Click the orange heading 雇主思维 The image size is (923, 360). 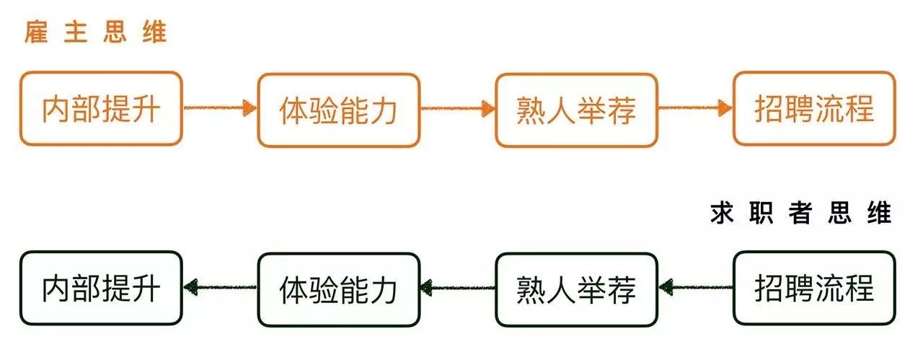click(x=96, y=32)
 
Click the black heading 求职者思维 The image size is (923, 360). click(x=800, y=214)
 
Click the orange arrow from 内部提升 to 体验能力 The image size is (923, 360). click(x=220, y=108)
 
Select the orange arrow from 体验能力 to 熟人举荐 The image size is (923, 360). click(x=458, y=108)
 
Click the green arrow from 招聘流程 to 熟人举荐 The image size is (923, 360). click(x=696, y=287)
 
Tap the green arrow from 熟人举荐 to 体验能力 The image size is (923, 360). click(x=458, y=287)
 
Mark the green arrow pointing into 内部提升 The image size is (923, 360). click(x=220, y=287)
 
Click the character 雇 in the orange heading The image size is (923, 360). click(x=36, y=32)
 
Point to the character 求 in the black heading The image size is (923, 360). click(x=722, y=214)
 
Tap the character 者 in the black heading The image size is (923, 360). click(x=800, y=214)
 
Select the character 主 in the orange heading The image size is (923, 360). click(x=76, y=32)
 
